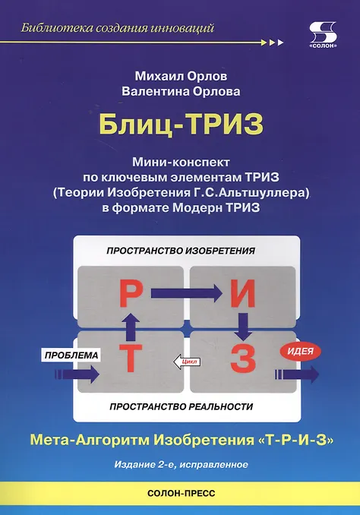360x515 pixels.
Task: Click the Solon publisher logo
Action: (324, 35)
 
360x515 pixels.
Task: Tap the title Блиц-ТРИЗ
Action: (182, 125)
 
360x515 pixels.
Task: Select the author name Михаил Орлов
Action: (181, 76)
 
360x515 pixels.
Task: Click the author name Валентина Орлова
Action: (181, 91)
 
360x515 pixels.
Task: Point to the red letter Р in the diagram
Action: (131, 293)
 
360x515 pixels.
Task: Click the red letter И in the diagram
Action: (243, 293)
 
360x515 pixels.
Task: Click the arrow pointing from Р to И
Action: (187, 292)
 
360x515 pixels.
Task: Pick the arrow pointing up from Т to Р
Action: (131, 327)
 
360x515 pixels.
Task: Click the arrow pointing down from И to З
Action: (243, 327)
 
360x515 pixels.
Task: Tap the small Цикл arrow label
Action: (187, 362)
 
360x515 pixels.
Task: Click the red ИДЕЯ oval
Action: (300, 351)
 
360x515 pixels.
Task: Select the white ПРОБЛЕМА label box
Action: (71, 355)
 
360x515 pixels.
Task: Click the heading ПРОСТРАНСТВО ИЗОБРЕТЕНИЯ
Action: (181, 251)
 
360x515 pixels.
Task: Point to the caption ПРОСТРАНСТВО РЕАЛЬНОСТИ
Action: (182, 406)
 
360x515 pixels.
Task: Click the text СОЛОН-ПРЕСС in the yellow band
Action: (182, 493)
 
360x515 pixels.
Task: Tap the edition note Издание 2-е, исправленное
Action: (182, 464)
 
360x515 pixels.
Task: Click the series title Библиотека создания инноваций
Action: (118, 28)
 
